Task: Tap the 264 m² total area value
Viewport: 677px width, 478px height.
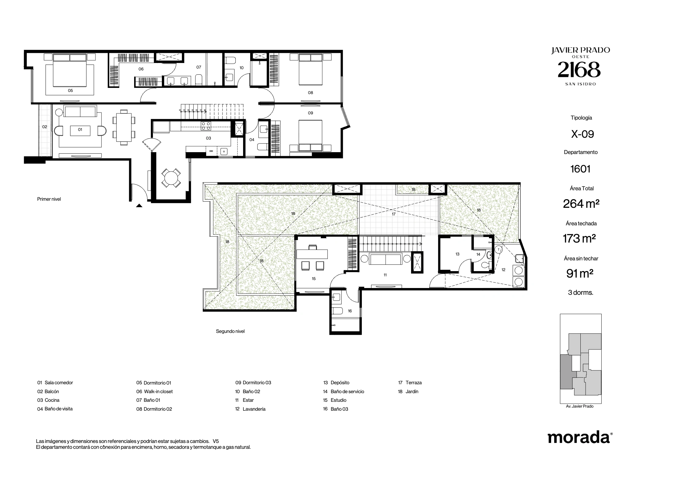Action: tap(581, 203)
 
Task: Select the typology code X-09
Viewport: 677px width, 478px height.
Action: tap(582, 134)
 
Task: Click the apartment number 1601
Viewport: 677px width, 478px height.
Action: tap(580, 169)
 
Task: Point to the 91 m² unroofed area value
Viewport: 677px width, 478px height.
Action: tap(580, 273)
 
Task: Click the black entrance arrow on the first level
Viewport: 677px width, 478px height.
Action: tap(139, 206)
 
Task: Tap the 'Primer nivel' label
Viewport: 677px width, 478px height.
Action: tap(49, 199)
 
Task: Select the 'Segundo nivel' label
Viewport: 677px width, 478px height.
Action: tap(230, 331)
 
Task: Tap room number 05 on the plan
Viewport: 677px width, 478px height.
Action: tap(70, 90)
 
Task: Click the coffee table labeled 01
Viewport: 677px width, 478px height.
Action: tap(80, 130)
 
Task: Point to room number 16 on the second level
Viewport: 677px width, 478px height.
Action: tap(350, 311)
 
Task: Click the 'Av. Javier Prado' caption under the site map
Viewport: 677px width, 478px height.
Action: tap(580, 406)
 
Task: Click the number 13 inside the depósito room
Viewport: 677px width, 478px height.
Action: tap(457, 254)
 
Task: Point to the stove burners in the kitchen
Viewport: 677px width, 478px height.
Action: tap(206, 126)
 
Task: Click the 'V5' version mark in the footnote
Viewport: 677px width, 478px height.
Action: tap(216, 441)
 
